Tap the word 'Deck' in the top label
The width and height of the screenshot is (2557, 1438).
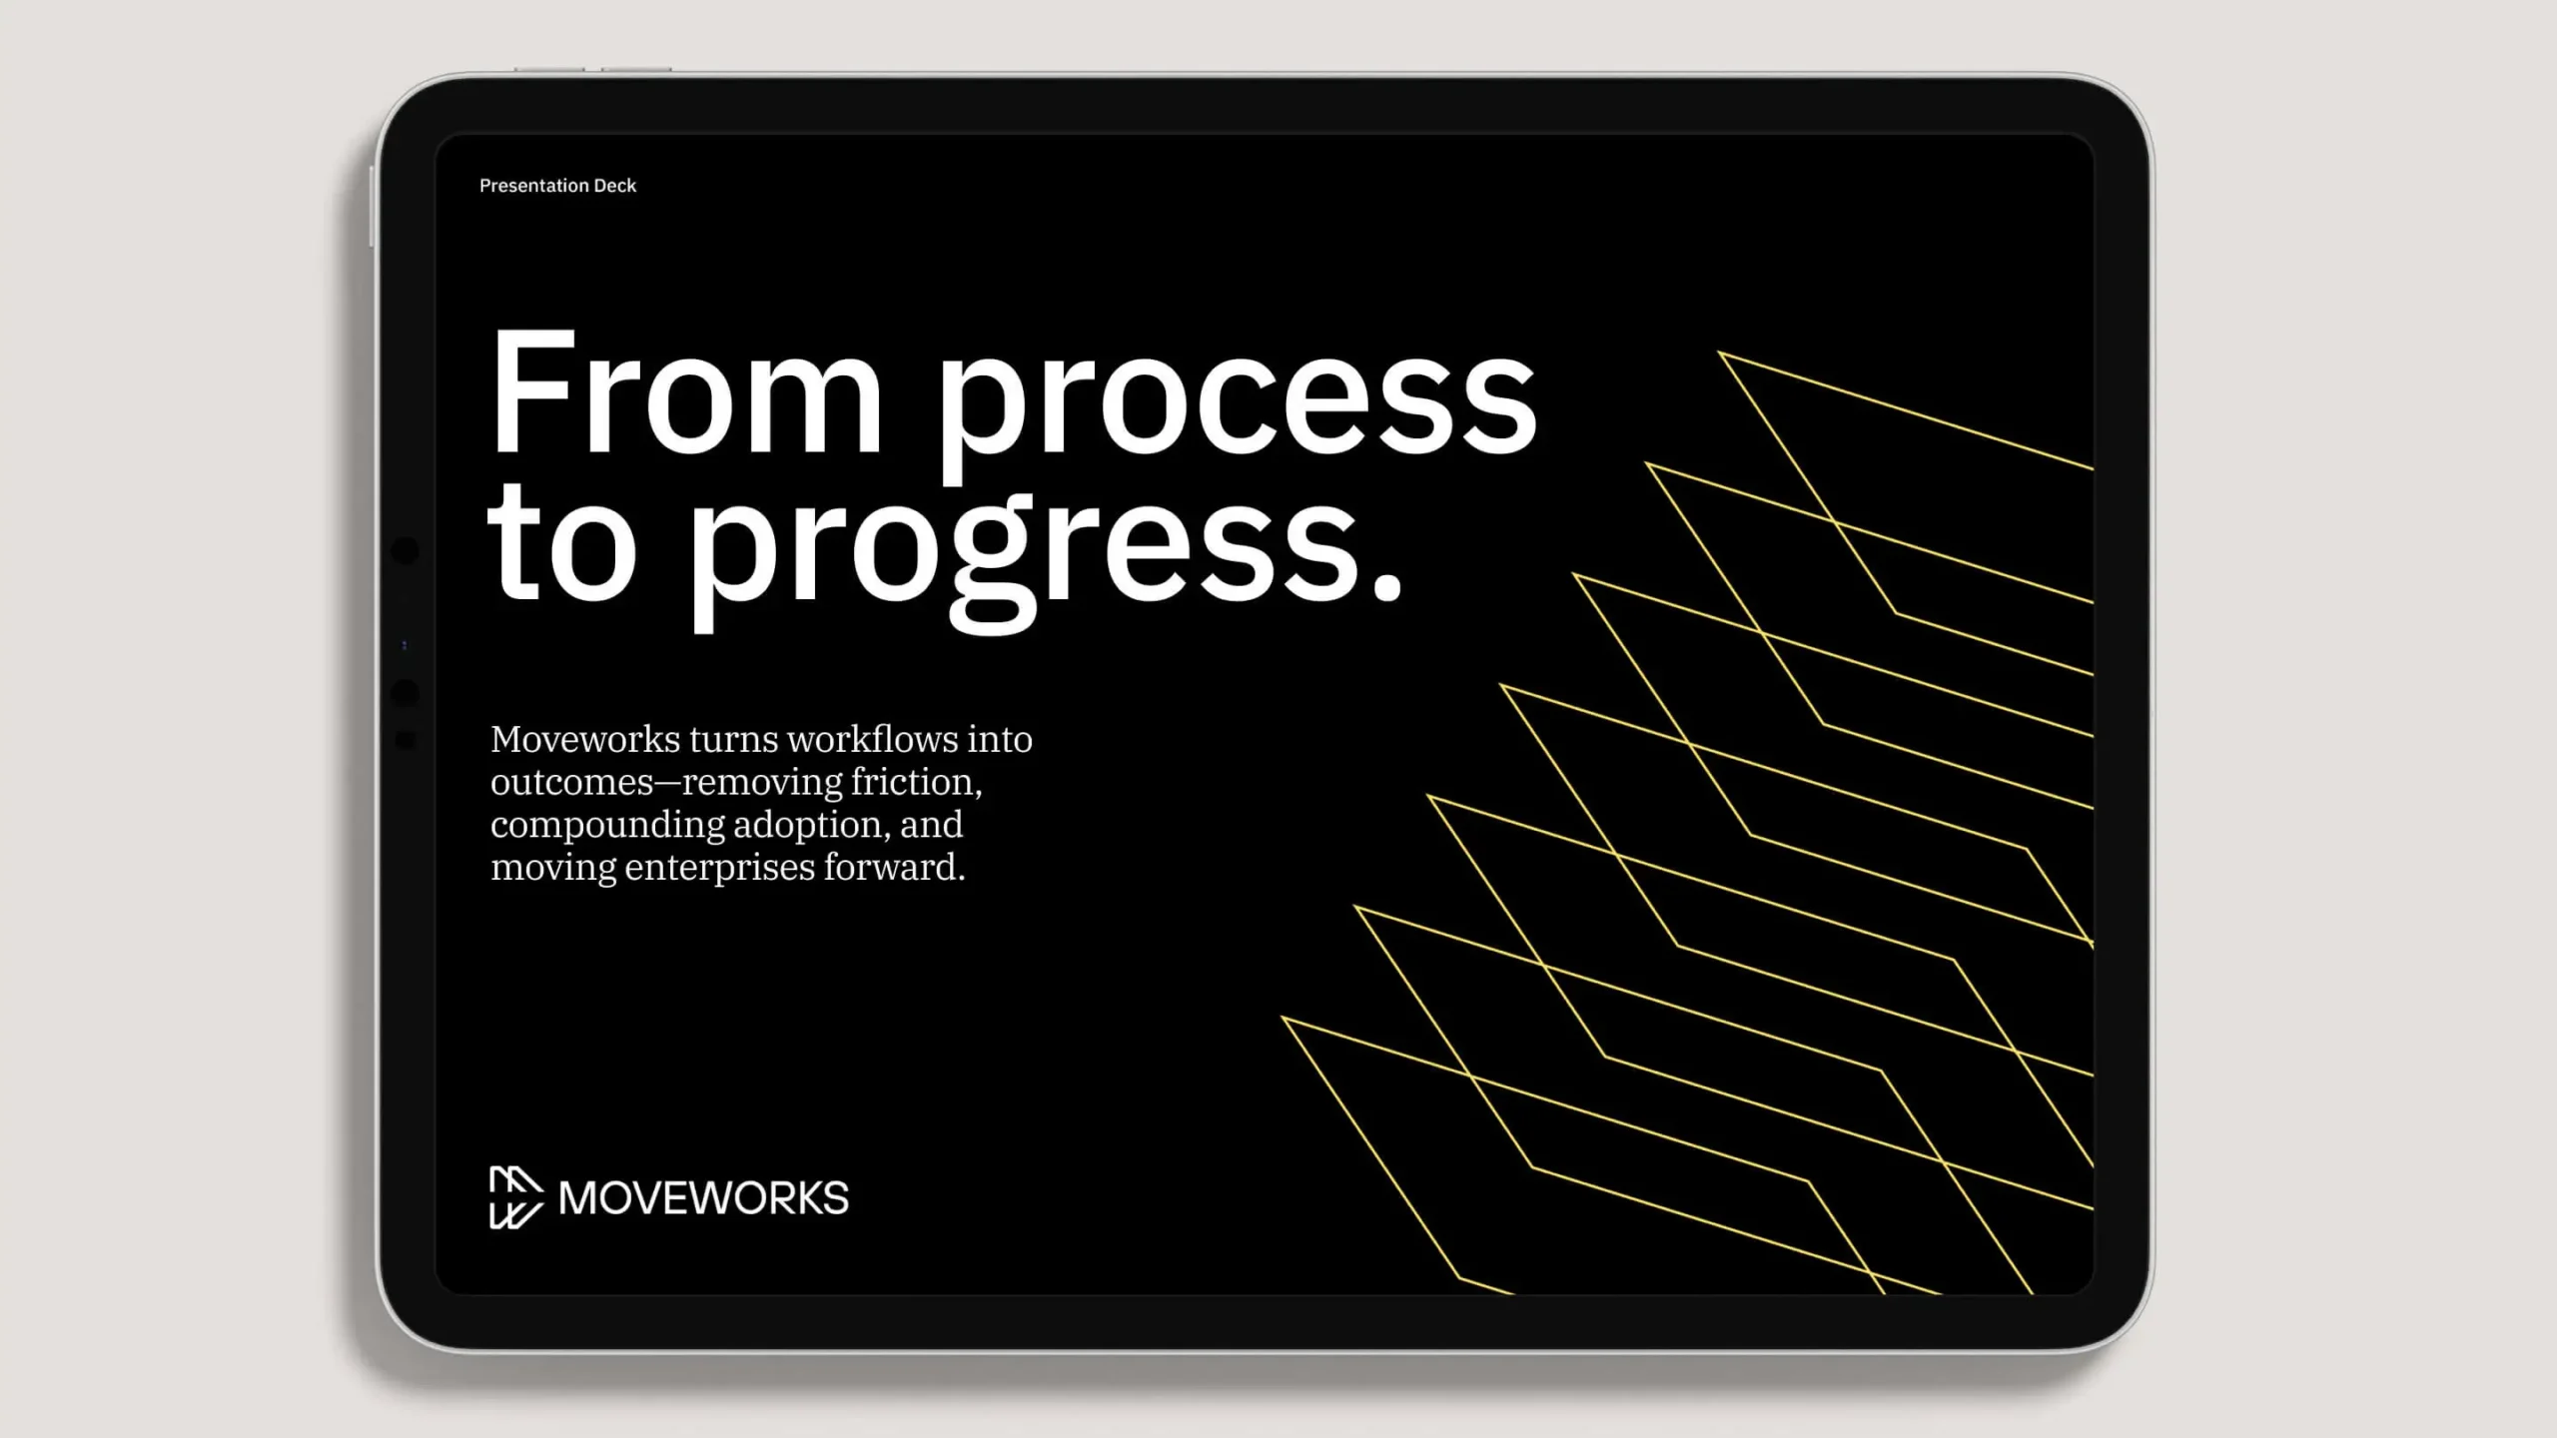[615, 186]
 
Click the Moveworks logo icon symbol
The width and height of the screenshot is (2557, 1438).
[515, 1196]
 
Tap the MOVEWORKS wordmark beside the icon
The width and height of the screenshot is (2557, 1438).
[703, 1197]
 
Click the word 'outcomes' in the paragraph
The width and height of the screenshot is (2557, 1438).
[571, 783]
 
